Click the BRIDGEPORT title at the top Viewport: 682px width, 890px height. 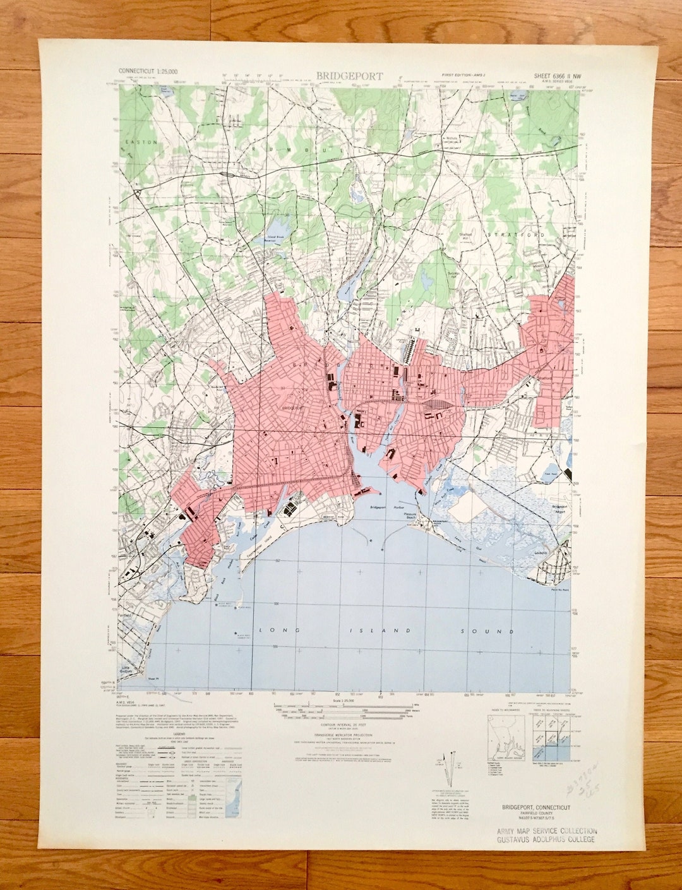pos(349,76)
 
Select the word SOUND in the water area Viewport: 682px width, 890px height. pos(496,631)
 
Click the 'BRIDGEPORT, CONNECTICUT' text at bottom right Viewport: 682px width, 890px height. pos(536,807)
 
